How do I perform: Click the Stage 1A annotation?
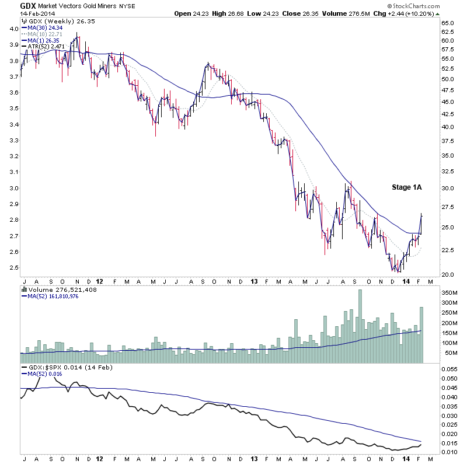point(406,188)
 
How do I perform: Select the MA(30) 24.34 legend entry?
point(43,27)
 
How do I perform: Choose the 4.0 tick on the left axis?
point(11,29)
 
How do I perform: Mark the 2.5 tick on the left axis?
point(11,268)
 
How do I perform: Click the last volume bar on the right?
point(421,327)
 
